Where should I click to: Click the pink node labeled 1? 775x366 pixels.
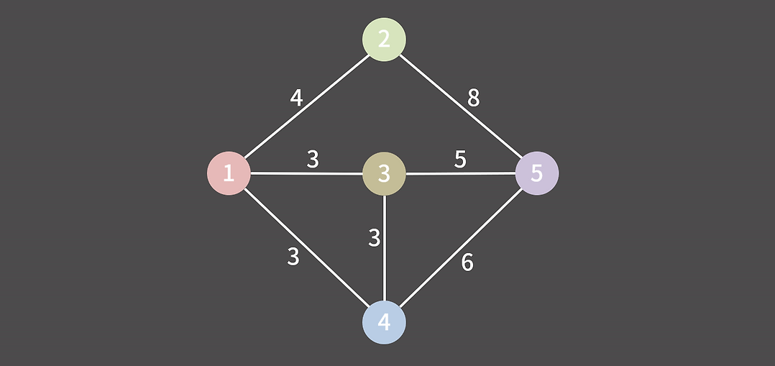229,173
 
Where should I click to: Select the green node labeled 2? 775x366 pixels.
384,40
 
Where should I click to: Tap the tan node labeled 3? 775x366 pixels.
384,173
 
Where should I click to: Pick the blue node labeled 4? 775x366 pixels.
384,322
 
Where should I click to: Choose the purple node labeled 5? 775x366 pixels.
537,173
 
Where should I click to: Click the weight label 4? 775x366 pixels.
296,98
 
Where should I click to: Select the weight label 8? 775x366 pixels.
473,98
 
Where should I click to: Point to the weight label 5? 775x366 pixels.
460,159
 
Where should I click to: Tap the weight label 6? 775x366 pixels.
467,263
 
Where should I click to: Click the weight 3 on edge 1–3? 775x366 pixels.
313,159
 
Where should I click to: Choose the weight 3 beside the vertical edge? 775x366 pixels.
374,238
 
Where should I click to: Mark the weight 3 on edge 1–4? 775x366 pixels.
293,257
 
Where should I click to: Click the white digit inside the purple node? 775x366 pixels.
537,173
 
